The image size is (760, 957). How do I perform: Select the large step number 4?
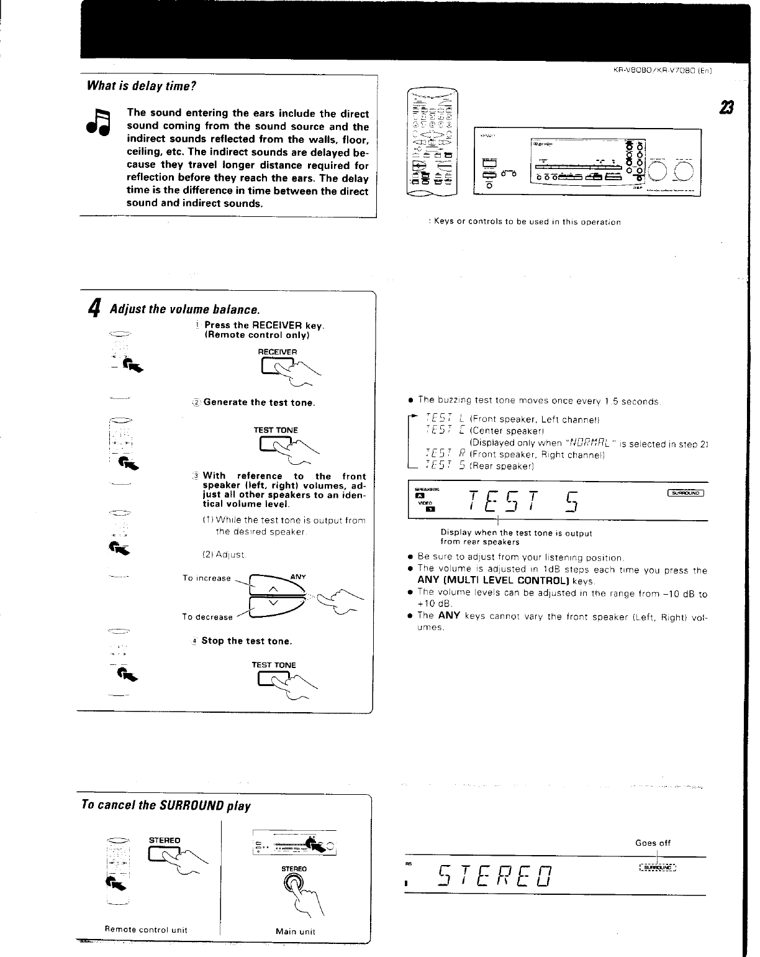pyautogui.click(x=94, y=308)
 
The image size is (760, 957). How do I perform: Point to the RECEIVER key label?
pyautogui.click(x=277, y=352)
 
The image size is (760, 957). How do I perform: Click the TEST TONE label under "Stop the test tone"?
pyautogui.click(x=274, y=665)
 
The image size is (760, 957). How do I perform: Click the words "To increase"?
pyautogui.click(x=207, y=579)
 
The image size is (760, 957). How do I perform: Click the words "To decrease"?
pyautogui.click(x=207, y=617)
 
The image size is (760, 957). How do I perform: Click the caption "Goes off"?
pyautogui.click(x=653, y=843)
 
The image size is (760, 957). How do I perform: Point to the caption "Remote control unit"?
pyautogui.click(x=146, y=930)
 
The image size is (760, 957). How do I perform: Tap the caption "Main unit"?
pyautogui.click(x=295, y=932)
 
